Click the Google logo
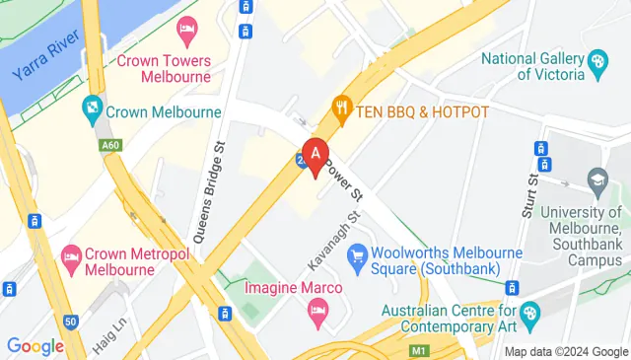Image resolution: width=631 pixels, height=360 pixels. (35, 346)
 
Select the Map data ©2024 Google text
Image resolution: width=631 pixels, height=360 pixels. (566, 351)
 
